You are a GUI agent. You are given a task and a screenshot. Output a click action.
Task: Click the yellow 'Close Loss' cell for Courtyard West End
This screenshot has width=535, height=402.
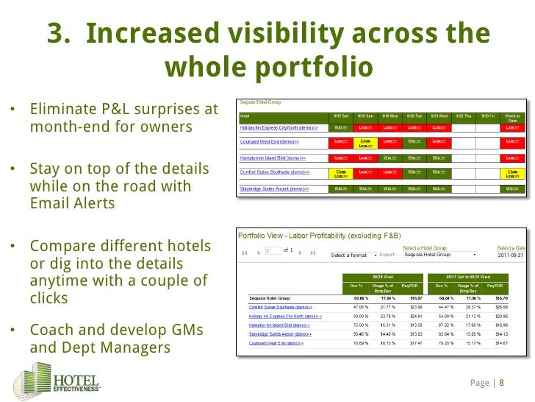point(364,142)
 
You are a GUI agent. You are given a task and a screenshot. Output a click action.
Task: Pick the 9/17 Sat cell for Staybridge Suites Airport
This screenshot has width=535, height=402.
point(340,188)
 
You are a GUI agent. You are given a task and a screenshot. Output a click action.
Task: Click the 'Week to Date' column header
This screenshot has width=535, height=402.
point(512,117)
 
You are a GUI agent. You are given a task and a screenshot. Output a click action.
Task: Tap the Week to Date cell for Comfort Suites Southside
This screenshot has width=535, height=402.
point(512,173)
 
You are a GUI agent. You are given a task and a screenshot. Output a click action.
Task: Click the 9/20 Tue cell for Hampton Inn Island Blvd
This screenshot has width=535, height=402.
point(414,157)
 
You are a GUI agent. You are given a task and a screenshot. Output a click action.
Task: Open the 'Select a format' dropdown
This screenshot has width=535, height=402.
point(353,255)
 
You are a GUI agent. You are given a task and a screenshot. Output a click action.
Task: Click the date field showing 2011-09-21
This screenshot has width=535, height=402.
point(511,255)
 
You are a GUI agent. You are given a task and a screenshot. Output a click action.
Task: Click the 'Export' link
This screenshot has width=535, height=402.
point(387,255)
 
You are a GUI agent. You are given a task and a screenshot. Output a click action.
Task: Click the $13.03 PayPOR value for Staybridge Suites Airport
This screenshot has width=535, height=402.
point(417,334)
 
